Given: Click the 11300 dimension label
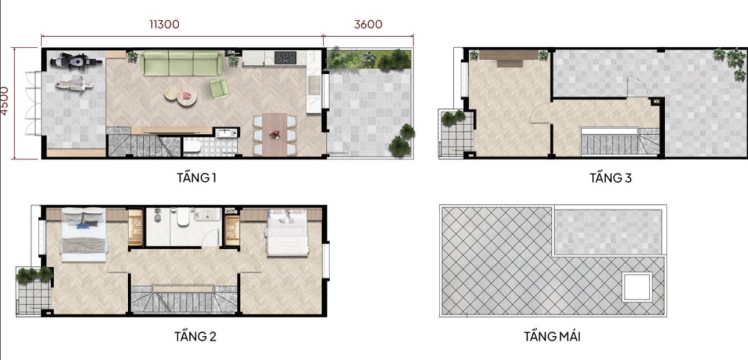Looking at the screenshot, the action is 164,25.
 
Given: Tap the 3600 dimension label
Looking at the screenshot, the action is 368,25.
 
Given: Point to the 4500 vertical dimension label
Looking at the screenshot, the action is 4,100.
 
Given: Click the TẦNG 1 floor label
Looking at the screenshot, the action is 197,178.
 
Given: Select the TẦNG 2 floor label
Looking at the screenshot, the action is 195,337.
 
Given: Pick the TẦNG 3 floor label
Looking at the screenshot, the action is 610,178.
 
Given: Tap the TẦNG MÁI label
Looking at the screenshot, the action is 552,337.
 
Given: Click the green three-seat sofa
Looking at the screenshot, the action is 181,63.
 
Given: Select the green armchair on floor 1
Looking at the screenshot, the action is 219,89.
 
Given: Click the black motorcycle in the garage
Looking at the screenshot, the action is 76,61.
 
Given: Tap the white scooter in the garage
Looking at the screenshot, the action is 73,84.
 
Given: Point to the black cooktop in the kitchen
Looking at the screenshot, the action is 285,58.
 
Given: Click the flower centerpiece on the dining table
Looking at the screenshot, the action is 275,135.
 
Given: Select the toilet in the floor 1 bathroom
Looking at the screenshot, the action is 192,147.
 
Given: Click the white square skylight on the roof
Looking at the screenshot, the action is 637,287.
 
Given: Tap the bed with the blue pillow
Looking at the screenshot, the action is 84,234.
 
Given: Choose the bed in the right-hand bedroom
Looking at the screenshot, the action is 287,233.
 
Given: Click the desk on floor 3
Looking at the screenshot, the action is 509,57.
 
